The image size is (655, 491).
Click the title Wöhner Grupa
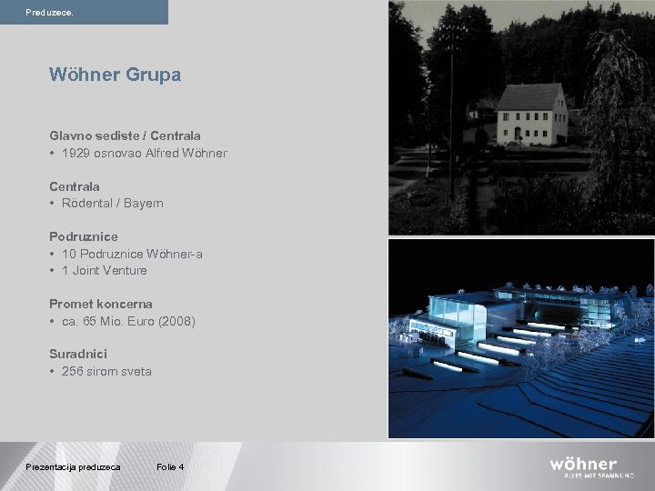tap(116, 75)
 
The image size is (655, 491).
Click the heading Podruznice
tap(84, 236)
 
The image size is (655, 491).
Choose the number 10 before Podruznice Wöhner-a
tap(69, 254)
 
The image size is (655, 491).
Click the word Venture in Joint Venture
tap(125, 270)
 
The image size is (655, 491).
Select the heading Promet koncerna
tap(101, 304)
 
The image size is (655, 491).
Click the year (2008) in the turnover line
tap(176, 321)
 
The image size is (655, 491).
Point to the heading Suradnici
tap(78, 354)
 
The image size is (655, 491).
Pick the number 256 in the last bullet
tap(73, 371)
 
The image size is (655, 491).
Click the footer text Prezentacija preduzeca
tap(73, 466)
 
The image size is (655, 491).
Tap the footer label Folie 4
tap(170, 466)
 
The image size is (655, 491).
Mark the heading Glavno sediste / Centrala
tap(125, 135)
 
